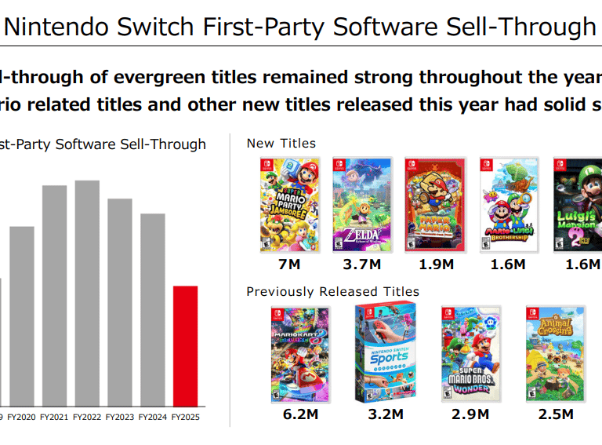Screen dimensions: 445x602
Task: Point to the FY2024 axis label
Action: click(x=152, y=418)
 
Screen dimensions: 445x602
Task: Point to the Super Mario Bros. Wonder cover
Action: click(x=470, y=352)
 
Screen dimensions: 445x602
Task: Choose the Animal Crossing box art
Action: click(x=555, y=352)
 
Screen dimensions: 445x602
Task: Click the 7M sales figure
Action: click(x=289, y=264)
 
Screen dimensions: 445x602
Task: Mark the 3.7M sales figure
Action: click(x=362, y=264)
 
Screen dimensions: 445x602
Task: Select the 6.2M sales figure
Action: click(x=300, y=414)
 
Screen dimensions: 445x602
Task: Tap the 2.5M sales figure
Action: click(x=555, y=414)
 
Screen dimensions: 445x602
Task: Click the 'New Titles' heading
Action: click(x=281, y=144)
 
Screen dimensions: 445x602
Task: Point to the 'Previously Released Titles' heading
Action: click(x=332, y=292)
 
